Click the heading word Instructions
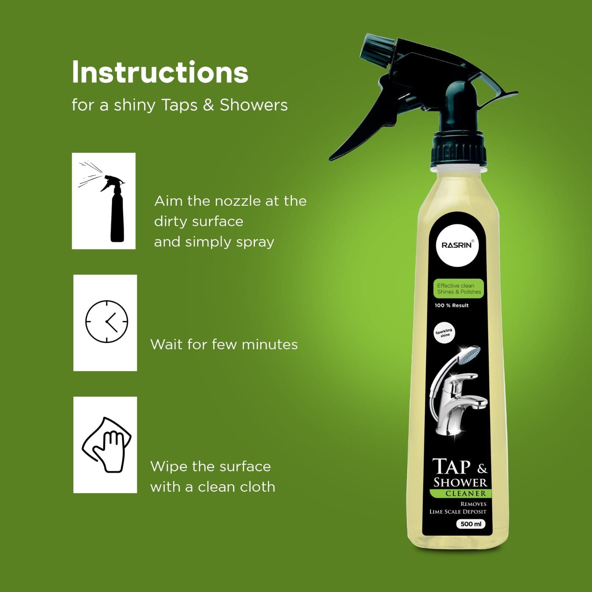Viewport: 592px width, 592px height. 160,72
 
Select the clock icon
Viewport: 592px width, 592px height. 107,322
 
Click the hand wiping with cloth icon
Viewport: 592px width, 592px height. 107,445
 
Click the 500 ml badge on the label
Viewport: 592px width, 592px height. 471,524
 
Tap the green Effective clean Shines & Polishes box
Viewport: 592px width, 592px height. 458,289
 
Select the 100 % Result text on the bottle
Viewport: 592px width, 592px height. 451,305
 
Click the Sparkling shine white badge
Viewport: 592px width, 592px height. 444,333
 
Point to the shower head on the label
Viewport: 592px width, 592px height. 468,355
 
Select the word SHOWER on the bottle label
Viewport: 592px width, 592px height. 460,482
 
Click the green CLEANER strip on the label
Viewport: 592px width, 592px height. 460,493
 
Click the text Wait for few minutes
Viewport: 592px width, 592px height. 224,344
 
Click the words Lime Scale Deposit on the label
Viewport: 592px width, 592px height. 458,512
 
